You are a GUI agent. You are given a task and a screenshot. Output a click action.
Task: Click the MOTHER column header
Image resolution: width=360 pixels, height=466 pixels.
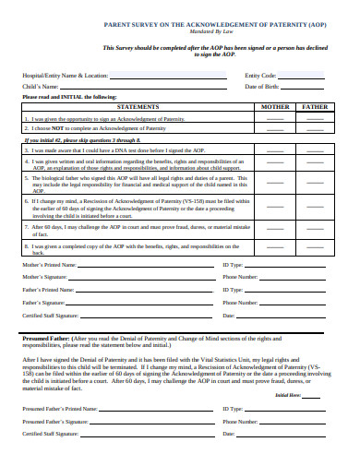tap(276, 107)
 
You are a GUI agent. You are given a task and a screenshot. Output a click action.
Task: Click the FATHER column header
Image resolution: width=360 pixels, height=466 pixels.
tap(315, 107)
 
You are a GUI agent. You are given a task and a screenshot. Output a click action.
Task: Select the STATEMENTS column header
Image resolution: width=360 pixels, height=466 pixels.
tap(136, 107)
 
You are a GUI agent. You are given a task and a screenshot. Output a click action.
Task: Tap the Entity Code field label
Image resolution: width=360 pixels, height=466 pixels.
tap(261, 75)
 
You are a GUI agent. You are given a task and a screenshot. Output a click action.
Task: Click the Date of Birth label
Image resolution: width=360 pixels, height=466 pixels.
tap(263, 86)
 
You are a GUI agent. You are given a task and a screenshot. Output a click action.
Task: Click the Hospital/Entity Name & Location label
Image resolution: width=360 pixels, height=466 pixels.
tap(66, 75)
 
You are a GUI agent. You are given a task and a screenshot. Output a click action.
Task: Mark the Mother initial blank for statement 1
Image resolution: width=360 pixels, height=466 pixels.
tap(276, 119)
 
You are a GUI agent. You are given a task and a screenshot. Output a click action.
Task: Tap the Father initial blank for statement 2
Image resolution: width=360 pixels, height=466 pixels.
tap(315, 128)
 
